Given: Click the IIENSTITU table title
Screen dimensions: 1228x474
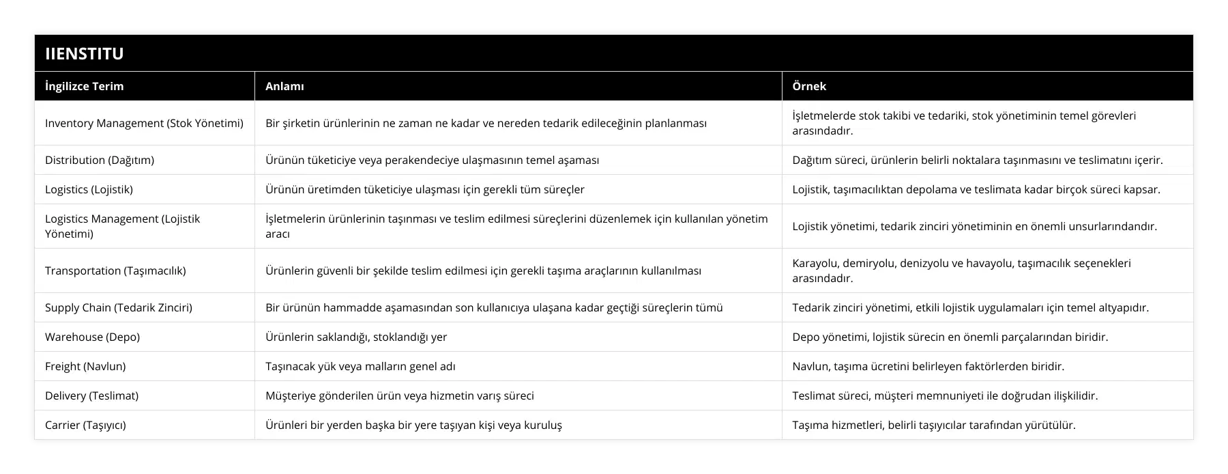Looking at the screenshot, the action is (85, 54).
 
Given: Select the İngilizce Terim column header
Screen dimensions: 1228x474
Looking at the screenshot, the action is (85, 86).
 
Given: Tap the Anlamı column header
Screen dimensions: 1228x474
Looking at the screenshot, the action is (284, 86).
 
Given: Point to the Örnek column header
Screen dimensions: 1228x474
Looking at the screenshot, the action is (809, 86).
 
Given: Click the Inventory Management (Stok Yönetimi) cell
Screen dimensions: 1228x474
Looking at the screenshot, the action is (144, 123).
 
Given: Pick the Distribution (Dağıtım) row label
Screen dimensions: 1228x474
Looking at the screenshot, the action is (100, 160).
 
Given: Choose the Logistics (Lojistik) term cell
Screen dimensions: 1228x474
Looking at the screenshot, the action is (89, 189).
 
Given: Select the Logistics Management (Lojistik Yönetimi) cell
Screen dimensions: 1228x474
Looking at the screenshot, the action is (123, 226).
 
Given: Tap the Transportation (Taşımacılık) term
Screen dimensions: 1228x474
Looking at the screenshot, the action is (115, 270).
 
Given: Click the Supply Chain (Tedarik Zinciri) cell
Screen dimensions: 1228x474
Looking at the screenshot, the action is (119, 307).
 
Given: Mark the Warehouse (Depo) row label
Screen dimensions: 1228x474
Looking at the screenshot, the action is (92, 337).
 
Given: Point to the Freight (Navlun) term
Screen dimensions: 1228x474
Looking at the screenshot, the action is (85, 366).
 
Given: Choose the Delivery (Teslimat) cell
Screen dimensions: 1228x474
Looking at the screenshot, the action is (91, 395).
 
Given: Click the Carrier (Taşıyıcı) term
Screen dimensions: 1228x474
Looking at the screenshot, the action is (85, 425).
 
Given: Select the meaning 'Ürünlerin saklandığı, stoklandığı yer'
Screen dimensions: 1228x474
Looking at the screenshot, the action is (356, 337).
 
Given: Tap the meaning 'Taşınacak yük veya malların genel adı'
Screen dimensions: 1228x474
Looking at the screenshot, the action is (360, 366).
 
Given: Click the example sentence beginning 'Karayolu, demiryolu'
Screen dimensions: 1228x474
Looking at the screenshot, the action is (961, 270).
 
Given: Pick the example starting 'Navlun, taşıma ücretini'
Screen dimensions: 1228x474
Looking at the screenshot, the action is (928, 366).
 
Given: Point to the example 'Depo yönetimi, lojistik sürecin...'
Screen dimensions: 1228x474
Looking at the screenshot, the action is (950, 337).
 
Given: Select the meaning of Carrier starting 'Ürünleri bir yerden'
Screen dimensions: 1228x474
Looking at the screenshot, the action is (413, 425).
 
